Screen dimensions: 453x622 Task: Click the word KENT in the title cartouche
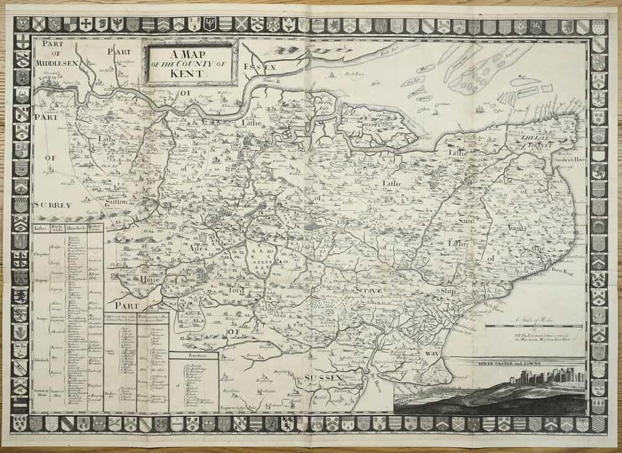(190, 72)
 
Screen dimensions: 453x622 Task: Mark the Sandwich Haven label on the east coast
(570, 159)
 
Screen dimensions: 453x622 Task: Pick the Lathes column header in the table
(40, 228)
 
